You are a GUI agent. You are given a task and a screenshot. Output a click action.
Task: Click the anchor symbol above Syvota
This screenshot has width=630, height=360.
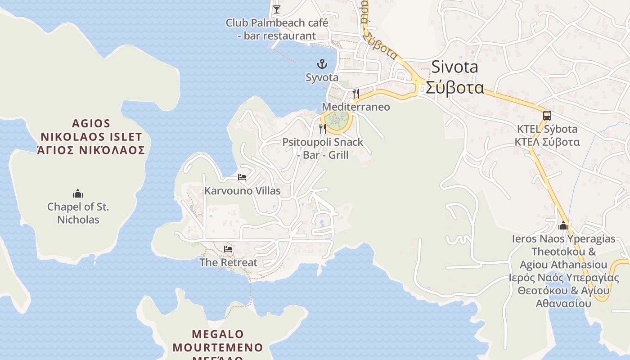322,64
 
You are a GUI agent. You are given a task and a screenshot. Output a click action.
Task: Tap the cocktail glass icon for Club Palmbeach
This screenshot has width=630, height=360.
276,9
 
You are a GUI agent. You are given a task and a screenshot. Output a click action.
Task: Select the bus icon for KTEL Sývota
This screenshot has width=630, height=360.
547,116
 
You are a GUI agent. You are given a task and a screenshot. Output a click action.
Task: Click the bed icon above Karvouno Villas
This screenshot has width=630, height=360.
242,177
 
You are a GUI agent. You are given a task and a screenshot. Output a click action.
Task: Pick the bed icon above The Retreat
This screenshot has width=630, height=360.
228,249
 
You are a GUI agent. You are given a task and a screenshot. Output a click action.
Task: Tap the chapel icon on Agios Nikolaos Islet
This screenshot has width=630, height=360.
78,194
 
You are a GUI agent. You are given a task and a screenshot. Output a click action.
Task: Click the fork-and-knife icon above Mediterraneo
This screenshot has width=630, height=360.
355,93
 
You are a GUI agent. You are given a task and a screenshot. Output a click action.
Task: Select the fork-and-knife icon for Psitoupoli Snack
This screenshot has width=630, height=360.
322,129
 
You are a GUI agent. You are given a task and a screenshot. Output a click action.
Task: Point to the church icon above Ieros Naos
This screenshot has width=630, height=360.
563,225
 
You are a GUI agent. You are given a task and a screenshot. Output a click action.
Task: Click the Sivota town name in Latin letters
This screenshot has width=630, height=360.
454,67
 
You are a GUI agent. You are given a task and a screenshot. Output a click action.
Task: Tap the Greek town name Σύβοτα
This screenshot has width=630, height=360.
455,87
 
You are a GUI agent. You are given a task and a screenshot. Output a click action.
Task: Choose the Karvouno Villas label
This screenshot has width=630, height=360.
243,191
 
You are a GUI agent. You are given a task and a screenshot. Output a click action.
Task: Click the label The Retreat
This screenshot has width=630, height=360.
228,262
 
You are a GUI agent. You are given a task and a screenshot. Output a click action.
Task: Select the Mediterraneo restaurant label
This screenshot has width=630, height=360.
355,107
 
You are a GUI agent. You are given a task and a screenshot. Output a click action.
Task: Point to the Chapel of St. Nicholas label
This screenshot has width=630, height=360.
78,213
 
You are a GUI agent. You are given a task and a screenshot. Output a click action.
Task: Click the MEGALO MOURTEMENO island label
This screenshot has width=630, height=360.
217,341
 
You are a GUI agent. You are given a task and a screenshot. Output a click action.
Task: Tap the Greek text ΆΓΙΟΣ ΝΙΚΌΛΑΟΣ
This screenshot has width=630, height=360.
91,150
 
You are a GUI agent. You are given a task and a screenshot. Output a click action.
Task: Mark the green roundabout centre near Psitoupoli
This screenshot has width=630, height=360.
337,119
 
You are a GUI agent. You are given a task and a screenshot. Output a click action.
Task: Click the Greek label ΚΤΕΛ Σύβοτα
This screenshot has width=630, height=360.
547,142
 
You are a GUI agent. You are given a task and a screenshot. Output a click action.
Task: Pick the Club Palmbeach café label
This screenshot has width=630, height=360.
277,29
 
